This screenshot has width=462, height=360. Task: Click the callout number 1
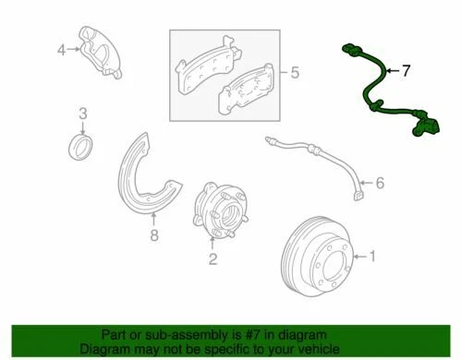[x=373, y=256]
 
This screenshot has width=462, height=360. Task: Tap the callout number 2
[x=213, y=259]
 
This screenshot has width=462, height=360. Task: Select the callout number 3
[x=82, y=114]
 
